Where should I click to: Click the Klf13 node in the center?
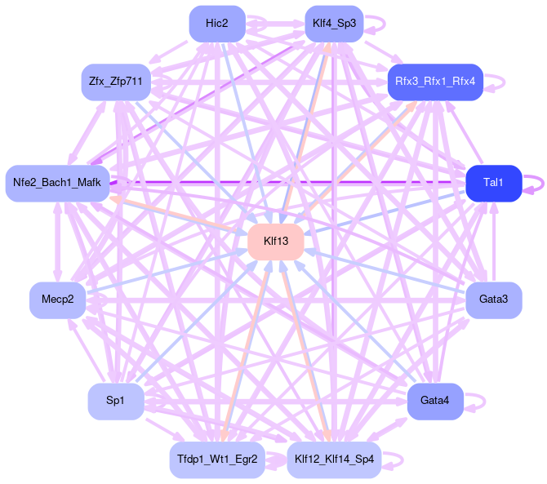[276, 242]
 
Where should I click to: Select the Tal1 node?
[493, 183]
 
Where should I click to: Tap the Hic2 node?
[217, 24]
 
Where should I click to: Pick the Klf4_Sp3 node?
[334, 24]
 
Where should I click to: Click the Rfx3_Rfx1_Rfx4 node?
[436, 82]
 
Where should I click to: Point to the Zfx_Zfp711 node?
[115, 82]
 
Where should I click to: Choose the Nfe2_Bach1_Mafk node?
[57, 183]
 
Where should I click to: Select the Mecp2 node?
[57, 300]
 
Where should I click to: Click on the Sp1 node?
[115, 401]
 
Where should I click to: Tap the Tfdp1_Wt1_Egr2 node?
[217, 460]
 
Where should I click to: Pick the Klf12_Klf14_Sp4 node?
[334, 460]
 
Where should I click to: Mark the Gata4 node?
[436, 401]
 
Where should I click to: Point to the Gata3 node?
[493, 300]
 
